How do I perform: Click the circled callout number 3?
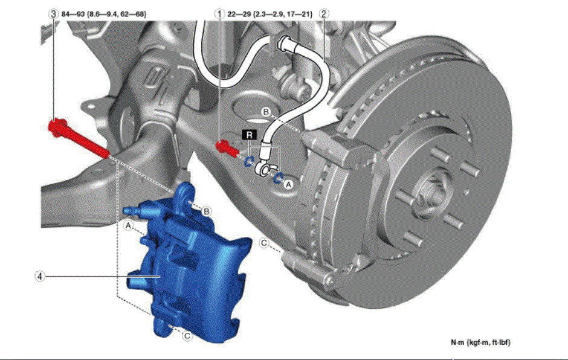[53, 14]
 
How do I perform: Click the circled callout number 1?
[219, 14]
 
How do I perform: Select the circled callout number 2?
[323, 14]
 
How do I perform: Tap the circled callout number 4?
[40, 276]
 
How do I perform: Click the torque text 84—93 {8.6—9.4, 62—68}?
[104, 14]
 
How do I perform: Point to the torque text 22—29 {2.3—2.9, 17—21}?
[270, 14]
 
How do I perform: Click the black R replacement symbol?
[249, 135]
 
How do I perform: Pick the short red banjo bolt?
[227, 148]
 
